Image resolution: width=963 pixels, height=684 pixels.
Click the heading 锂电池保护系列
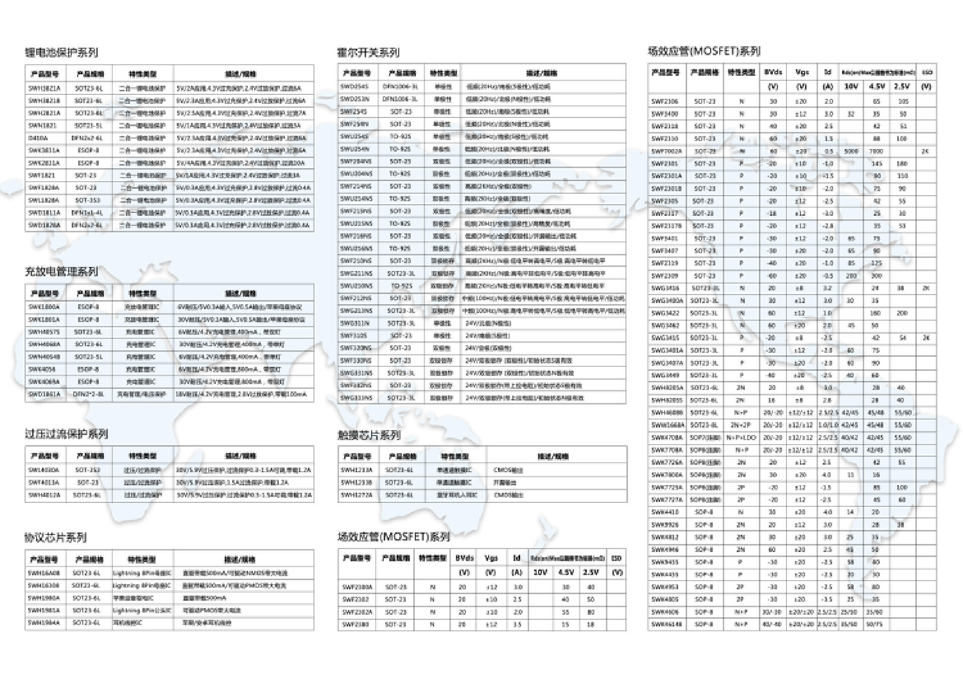point(62,52)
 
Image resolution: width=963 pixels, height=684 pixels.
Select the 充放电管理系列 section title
point(62,271)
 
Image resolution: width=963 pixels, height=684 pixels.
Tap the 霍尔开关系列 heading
point(368,52)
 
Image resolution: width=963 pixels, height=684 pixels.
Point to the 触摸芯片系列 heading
point(369,435)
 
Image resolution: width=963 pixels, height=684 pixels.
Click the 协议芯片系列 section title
point(56,538)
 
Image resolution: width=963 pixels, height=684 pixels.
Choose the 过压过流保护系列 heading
point(67,434)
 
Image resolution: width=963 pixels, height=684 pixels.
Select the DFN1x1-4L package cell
point(87,213)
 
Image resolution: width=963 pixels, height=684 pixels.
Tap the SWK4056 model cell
point(42,369)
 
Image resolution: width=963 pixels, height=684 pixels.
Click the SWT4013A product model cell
point(44,483)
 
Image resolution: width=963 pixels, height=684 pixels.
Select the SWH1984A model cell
point(44,623)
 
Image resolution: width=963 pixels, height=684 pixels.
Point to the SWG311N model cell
point(355,323)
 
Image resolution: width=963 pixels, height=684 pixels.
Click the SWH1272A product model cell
point(357,495)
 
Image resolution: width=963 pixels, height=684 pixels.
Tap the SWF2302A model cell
point(357,612)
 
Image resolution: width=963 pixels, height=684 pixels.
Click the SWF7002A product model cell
point(667,151)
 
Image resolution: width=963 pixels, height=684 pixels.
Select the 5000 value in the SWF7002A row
point(851,151)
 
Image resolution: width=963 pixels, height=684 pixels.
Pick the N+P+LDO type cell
point(741,438)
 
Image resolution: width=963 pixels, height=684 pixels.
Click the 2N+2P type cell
point(741,425)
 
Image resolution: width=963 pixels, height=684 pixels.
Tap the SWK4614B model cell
point(667,624)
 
